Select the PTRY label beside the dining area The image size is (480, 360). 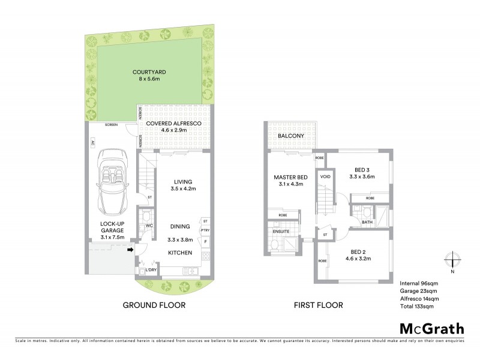tap(206, 230)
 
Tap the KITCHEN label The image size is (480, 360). tap(179, 253)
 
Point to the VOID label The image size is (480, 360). tap(325, 177)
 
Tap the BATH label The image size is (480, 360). tap(367, 222)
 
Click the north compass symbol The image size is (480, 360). tap(452, 260)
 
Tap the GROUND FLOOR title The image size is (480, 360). tap(154, 305)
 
